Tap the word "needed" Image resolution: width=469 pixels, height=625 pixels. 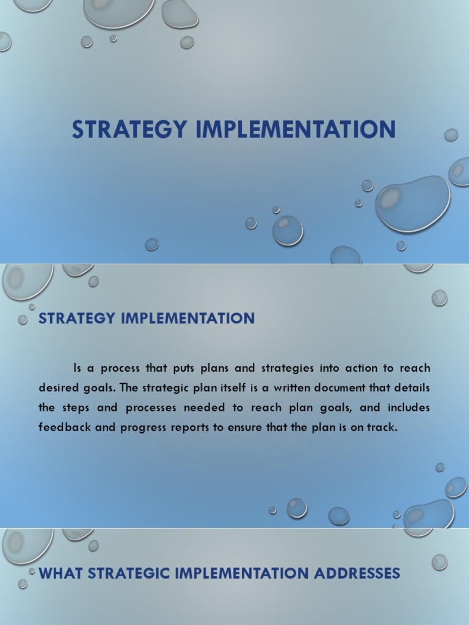pyautogui.click(x=201, y=408)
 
